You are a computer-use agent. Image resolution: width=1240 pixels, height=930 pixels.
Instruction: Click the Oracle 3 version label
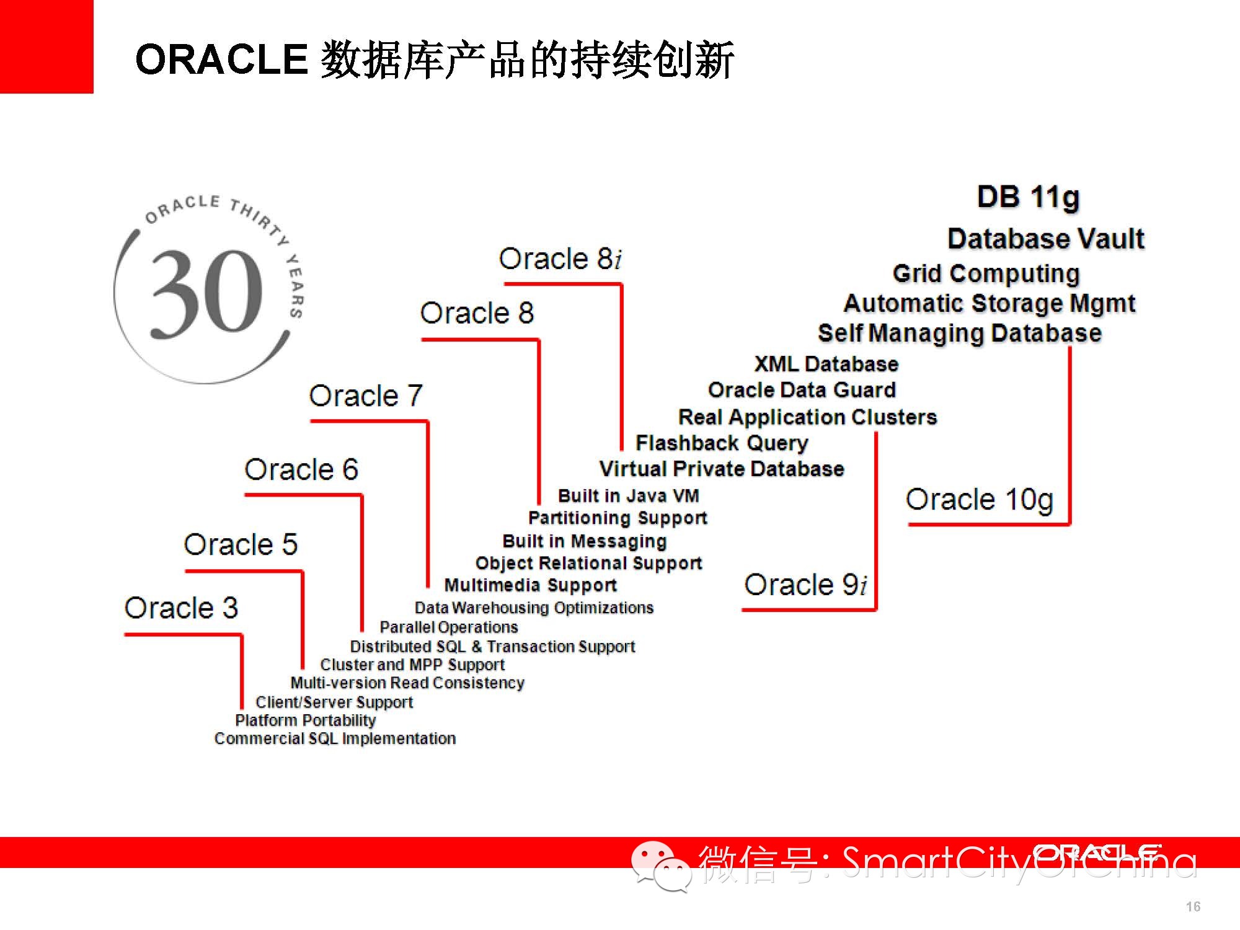(181, 608)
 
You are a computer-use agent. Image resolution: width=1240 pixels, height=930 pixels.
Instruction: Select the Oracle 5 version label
(241, 544)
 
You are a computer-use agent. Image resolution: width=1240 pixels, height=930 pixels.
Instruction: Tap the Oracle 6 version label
(301, 469)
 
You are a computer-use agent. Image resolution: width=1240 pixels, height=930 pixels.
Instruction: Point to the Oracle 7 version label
(366, 396)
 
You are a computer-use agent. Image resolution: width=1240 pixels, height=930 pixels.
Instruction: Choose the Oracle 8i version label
(560, 259)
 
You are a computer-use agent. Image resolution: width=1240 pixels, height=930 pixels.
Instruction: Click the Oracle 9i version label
(805, 585)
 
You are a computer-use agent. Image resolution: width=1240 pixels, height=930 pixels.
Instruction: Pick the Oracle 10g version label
(980, 500)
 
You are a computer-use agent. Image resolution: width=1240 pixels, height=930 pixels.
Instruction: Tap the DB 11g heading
(1029, 198)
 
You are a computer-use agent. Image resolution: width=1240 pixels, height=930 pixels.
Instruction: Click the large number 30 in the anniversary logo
(207, 292)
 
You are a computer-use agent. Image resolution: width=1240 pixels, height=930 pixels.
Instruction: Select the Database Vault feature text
(1046, 239)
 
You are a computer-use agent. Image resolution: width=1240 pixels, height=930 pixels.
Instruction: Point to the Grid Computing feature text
(986, 273)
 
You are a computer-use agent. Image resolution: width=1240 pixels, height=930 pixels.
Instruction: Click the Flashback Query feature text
(722, 443)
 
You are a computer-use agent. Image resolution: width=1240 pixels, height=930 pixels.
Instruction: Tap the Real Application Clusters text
(807, 417)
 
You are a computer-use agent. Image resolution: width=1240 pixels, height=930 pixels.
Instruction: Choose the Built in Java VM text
(628, 496)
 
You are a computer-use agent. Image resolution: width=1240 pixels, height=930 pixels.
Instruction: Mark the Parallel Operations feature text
(449, 627)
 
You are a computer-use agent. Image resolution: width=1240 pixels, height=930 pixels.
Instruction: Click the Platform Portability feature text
(306, 720)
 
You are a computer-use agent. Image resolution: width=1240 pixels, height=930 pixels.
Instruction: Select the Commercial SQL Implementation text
(335, 738)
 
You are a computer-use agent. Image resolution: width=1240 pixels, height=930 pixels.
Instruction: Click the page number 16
(1193, 906)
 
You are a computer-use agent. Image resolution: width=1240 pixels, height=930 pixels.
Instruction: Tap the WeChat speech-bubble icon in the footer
(661, 866)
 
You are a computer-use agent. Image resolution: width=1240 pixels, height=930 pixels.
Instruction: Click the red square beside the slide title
(46, 46)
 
